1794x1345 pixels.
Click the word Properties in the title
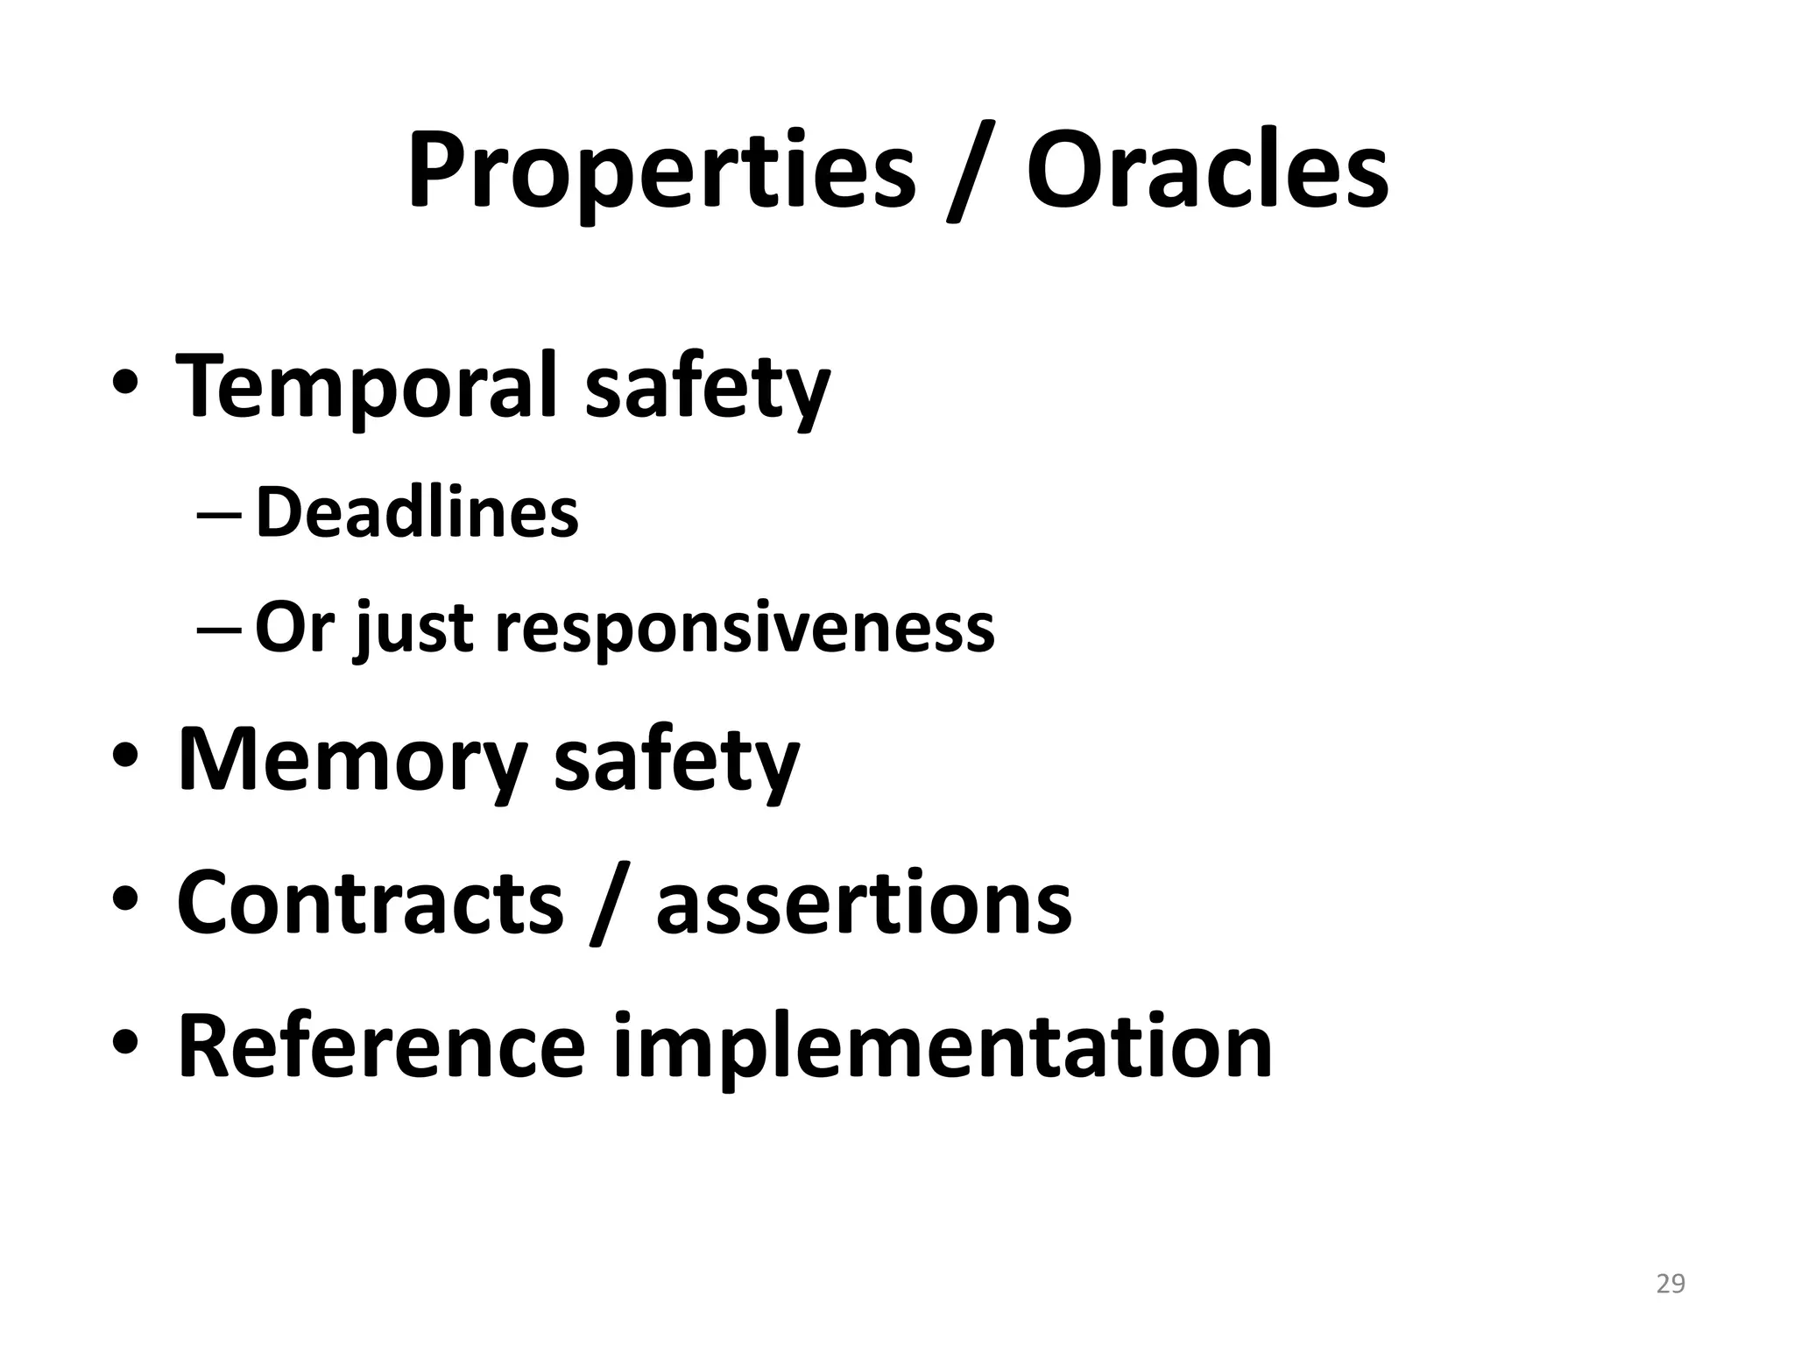[x=661, y=171]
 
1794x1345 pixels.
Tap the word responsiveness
[x=745, y=628]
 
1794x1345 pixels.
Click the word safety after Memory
[x=677, y=758]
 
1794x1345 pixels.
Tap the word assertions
[x=864, y=902]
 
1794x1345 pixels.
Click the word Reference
[x=381, y=1046]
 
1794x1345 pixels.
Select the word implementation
[x=943, y=1047]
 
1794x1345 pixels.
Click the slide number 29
[x=1670, y=1284]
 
